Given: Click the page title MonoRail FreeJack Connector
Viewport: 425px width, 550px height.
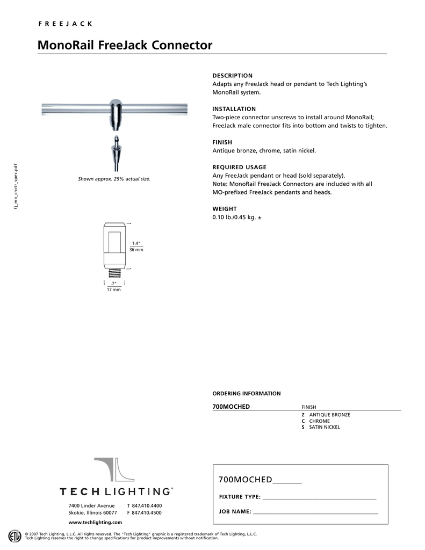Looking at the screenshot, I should [125, 45].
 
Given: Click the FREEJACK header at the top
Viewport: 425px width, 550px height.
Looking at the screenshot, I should [64, 24].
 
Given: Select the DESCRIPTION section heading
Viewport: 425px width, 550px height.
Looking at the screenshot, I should [232, 76].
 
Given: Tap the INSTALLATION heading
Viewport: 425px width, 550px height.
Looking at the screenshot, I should [234, 109].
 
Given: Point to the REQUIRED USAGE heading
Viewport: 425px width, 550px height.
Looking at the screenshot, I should [239, 167].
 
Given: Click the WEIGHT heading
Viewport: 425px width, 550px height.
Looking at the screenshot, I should [225, 208].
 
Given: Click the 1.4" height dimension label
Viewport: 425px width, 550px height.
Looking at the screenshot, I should [136, 244].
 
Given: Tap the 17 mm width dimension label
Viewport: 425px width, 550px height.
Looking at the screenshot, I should [113, 290].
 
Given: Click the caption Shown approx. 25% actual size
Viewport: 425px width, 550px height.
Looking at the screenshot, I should [114, 179].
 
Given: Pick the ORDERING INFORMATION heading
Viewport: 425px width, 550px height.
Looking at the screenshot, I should [246, 394].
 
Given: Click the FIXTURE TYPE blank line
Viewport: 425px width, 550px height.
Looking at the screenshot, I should [319, 497].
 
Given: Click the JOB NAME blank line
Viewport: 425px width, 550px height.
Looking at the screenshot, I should [315, 512].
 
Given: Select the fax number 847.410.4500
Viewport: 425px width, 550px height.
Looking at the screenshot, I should [146, 513].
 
